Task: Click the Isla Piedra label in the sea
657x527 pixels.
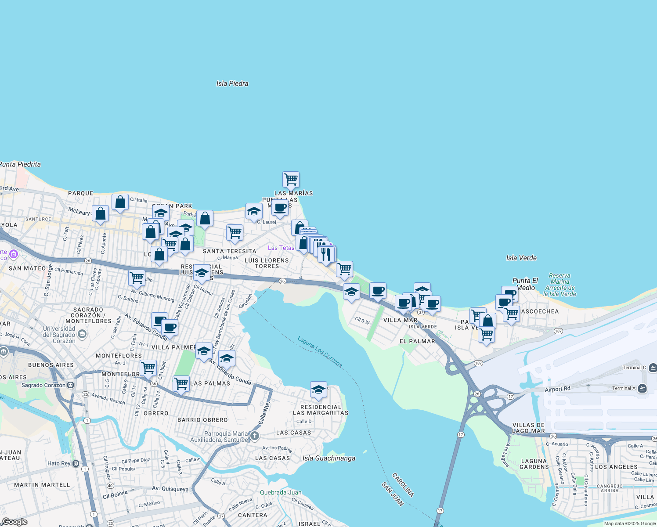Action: (x=232, y=83)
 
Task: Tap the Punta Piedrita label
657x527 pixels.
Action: (x=20, y=164)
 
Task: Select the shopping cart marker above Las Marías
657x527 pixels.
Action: (x=291, y=180)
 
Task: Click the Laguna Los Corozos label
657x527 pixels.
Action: (x=320, y=352)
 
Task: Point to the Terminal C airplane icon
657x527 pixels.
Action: (x=653, y=367)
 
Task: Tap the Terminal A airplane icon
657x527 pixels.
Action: (x=643, y=388)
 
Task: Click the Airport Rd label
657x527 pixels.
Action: (x=557, y=389)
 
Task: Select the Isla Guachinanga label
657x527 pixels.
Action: (x=329, y=458)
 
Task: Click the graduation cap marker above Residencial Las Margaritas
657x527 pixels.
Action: (x=318, y=390)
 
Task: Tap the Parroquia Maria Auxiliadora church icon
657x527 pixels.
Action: (x=255, y=436)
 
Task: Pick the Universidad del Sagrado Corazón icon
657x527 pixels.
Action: (x=82, y=335)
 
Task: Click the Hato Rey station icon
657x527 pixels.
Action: (x=76, y=463)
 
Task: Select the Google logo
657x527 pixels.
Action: (x=14, y=522)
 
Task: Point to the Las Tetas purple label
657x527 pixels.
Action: (x=281, y=248)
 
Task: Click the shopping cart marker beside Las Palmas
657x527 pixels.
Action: (x=181, y=383)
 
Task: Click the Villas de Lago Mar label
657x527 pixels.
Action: (x=528, y=428)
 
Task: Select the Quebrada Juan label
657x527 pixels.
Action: (x=281, y=492)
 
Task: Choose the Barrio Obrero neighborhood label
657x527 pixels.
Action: (x=202, y=420)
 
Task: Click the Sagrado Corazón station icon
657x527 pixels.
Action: (x=70, y=385)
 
